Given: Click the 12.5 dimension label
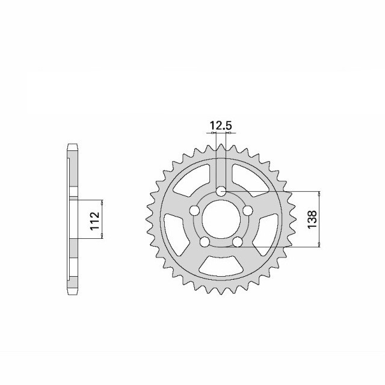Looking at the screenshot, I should pos(221,126).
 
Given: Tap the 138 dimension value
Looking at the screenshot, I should pos(312,219).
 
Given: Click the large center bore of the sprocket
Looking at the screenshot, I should pos(221,219).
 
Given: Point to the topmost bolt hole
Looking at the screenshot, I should pos(221,191).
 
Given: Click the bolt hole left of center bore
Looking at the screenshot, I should pos(194,211).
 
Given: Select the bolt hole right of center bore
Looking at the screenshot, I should pos(247,211).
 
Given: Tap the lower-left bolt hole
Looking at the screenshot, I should pos(205,242).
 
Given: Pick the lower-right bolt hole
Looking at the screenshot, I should pos(237,242).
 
